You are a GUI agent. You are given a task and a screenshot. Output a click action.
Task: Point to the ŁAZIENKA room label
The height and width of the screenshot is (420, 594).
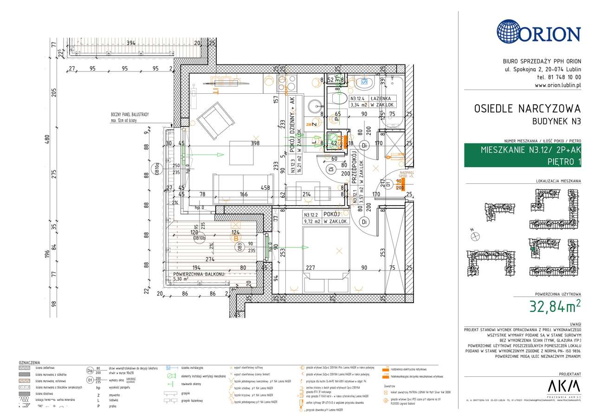point(380,98)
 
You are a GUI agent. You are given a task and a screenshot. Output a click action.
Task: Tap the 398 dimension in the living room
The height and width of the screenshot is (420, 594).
point(254,143)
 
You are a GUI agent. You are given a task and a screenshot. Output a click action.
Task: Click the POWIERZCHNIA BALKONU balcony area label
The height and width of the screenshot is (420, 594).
point(199,274)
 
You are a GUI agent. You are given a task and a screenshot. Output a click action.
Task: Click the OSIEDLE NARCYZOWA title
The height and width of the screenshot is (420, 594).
point(527,109)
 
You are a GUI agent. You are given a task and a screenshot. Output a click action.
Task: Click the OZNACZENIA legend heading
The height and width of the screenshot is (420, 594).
point(29,362)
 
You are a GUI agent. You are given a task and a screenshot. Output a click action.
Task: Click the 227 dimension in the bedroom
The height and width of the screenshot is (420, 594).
point(310,267)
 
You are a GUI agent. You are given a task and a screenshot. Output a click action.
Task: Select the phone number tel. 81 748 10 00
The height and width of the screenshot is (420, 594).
point(558,77)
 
